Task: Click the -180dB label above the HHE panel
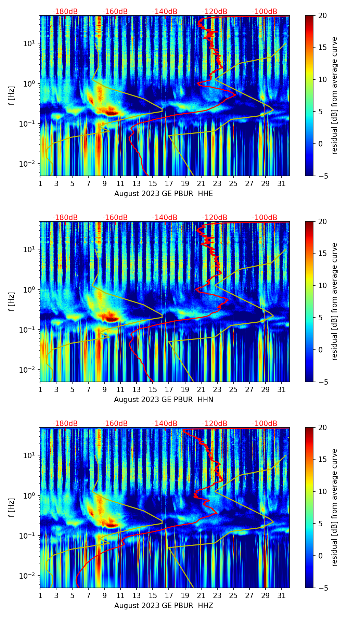click(65, 12)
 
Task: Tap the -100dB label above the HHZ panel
click(265, 424)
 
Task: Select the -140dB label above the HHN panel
click(165, 218)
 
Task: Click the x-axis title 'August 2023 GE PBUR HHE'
click(164, 194)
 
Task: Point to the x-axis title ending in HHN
click(164, 400)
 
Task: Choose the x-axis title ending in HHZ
click(164, 606)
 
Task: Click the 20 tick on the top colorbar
click(322, 15)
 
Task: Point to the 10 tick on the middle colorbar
click(322, 285)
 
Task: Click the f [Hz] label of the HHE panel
click(12, 95)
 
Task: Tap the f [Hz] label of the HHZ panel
click(12, 507)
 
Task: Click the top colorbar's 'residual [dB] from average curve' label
click(334, 95)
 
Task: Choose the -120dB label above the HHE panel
click(215, 12)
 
